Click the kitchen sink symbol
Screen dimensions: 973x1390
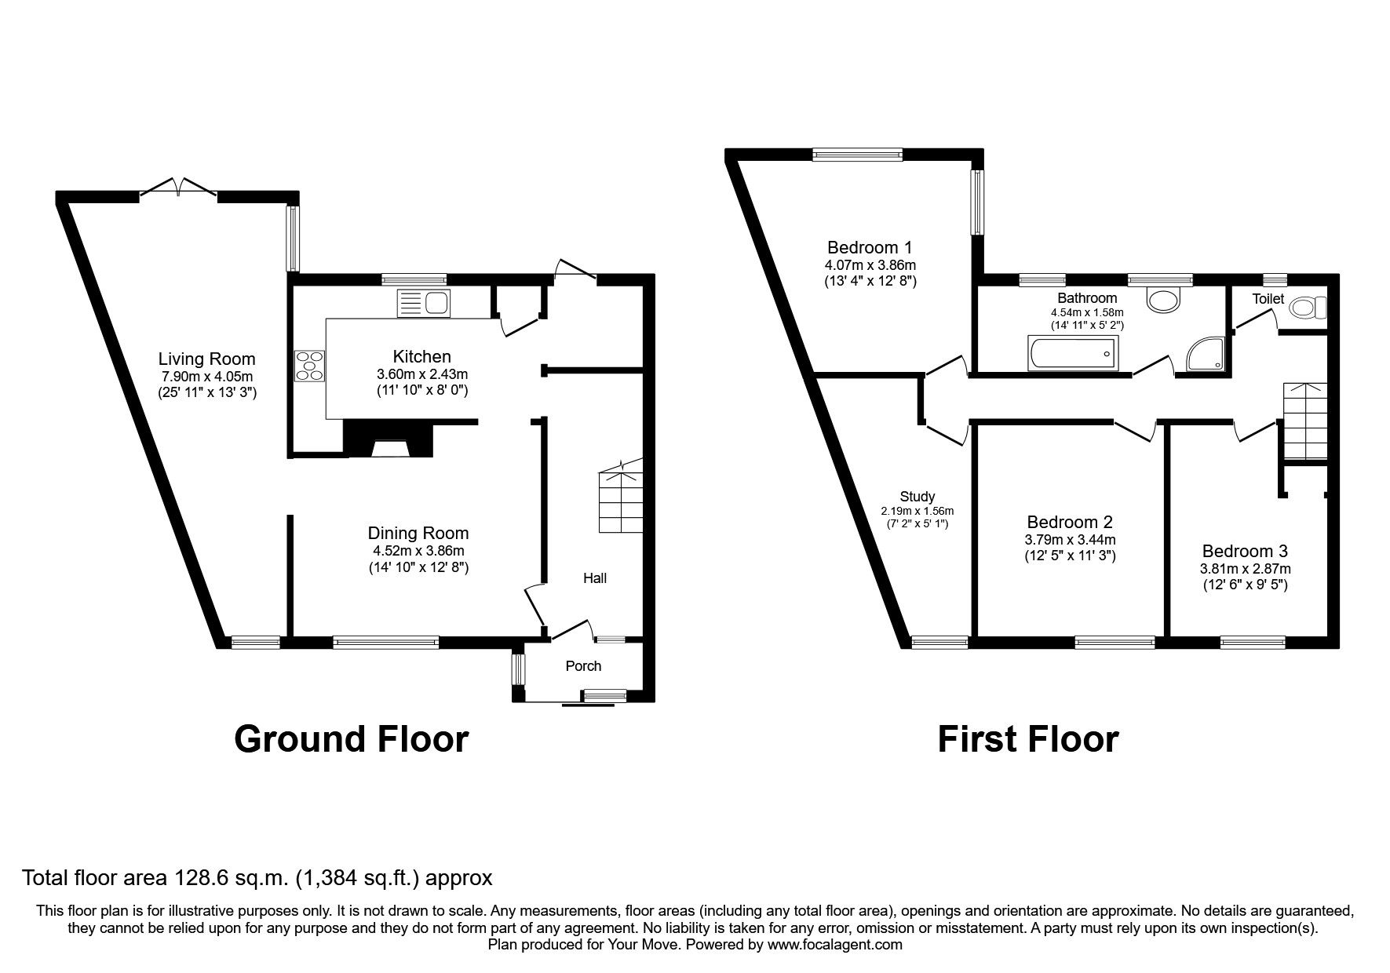424,304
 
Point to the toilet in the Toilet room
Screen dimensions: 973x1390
1308,308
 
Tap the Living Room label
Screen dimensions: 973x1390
206,359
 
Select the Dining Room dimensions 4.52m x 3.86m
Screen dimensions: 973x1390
418,551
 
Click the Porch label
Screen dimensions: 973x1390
583,666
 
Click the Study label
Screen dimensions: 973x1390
917,497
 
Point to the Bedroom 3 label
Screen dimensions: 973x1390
1244,552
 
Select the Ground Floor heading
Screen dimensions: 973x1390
351,739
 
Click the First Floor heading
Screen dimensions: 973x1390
1027,739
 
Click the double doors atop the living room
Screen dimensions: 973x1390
178,188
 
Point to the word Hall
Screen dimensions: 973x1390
594,578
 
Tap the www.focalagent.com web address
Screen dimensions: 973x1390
834,945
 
